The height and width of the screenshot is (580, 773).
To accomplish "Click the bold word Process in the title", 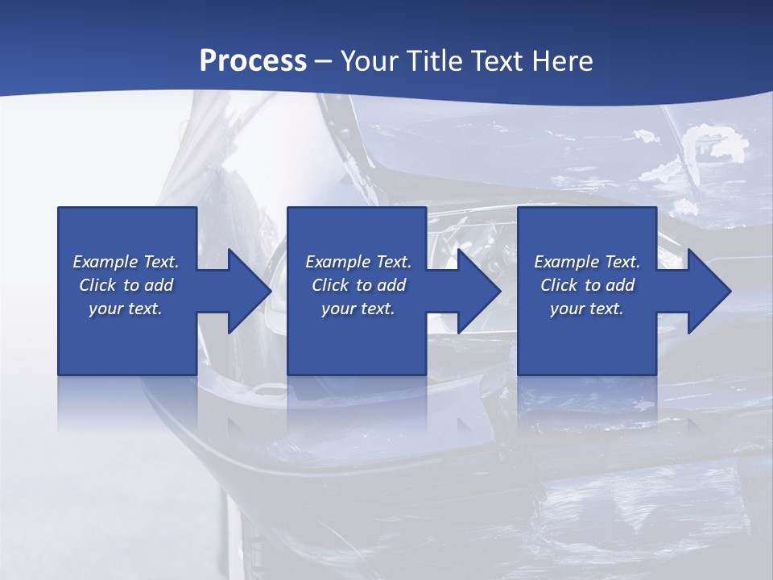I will (253, 60).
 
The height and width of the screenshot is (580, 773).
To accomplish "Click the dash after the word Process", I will (324, 61).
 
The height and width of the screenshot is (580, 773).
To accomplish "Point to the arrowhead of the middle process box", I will (481, 291).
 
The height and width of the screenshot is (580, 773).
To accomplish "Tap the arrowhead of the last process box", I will (710, 291).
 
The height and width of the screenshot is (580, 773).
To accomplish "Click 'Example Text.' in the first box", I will (126, 262).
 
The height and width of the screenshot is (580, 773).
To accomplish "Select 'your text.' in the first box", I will (126, 309).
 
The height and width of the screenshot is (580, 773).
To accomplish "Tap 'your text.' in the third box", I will (587, 309).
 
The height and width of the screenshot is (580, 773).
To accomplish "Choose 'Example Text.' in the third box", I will (587, 262).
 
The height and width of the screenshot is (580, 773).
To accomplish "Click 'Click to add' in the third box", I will (587, 285).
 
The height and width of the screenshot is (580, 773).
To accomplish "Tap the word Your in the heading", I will (370, 60).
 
